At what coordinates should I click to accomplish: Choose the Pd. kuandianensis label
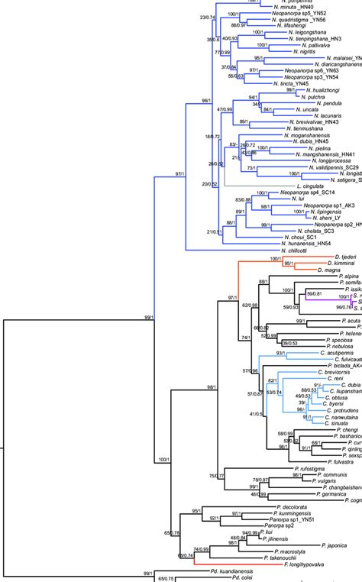pyautogui.click(x=242, y=570)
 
